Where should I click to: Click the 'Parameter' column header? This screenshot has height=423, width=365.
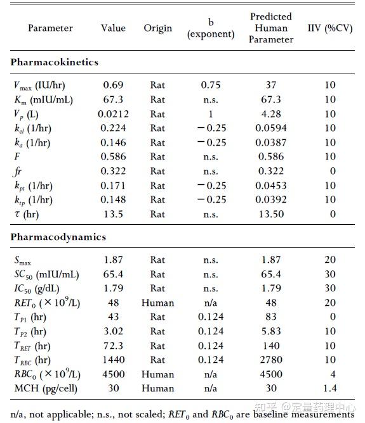coord(50,28)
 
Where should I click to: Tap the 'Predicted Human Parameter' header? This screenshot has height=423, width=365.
coord(271,28)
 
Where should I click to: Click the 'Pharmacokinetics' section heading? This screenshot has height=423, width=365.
coord(55,62)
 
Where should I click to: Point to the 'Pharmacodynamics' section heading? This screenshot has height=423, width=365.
coord(58,237)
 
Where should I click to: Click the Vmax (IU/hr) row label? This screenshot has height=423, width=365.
coord(39,85)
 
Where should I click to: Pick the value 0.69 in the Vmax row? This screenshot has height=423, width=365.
coord(113,85)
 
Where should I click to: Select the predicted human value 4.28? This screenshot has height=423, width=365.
coord(271,114)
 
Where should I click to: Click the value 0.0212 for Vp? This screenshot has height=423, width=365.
coord(113,114)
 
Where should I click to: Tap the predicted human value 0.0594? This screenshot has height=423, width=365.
coord(271,129)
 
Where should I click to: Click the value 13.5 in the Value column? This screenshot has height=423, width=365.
coord(113,214)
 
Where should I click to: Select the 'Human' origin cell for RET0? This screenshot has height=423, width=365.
coord(157,303)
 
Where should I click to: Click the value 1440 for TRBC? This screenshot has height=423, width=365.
coord(113,360)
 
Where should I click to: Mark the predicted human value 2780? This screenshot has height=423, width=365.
coord(271,360)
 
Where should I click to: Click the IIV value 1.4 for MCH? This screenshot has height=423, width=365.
coord(330,388)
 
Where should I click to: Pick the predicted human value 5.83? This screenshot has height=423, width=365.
coord(271,331)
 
